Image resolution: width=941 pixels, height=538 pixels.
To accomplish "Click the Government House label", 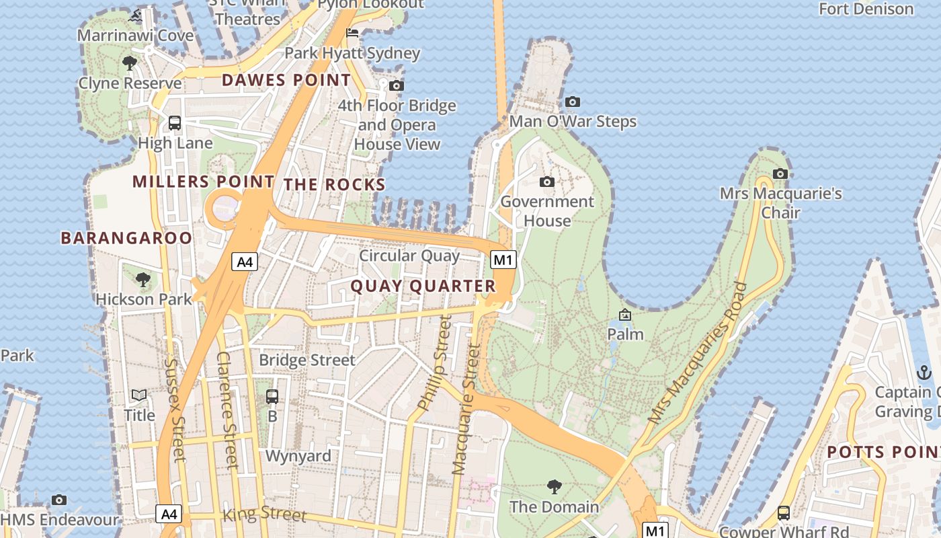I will pos(547,211).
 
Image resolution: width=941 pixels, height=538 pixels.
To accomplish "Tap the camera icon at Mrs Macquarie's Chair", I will pos(780,174).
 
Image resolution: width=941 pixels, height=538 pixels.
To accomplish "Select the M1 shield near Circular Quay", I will pos(503,260).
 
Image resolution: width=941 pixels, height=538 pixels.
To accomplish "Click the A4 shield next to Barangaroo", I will pos(245,262).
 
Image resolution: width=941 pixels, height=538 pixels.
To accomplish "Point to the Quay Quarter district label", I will pos(423,286).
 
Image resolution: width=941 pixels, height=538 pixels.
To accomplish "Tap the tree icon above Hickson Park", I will pos(142,279).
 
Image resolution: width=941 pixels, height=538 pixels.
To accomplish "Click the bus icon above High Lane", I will pos(175,123).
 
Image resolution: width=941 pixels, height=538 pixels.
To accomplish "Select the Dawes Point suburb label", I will pos(286,81).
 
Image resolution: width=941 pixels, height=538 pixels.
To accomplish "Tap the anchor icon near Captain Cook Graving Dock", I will pos(924,372).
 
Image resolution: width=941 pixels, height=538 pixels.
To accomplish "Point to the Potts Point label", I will pos(883,452).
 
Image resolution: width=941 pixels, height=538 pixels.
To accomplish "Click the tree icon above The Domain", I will pos(554,486).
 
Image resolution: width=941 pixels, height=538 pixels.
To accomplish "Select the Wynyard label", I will pos(298,456).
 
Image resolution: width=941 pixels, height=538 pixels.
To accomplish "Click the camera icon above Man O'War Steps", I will pos(573,102).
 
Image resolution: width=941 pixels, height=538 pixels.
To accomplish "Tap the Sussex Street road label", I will pos(174,410).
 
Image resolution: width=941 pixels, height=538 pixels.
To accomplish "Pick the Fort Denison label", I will pos(866,9).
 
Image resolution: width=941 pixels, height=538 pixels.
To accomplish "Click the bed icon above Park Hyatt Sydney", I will pos(352,33).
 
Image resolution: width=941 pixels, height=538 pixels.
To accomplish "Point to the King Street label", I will pos(264,514).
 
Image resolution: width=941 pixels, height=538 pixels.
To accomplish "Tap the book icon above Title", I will pos(139,395).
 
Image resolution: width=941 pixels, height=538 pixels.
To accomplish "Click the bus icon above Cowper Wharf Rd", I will pos(784,512).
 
